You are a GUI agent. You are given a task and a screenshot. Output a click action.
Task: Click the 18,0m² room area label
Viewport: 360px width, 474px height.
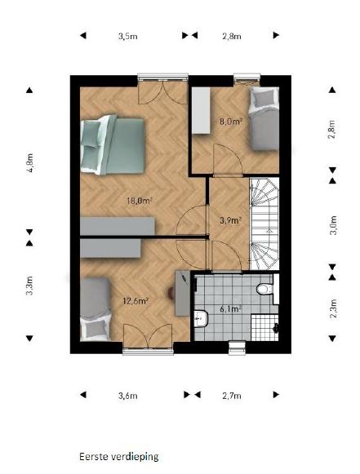coord(139,201)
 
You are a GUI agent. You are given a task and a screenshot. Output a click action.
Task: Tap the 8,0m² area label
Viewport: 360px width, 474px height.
coord(232,122)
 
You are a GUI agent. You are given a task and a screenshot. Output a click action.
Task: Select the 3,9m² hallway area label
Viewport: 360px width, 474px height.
coord(230,220)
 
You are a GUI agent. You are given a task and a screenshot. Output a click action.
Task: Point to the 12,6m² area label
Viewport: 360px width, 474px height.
coord(136,301)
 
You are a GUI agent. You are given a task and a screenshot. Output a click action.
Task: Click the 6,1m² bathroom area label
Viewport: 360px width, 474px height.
coord(231,309)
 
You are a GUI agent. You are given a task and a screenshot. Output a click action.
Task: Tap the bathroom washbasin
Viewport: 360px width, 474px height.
coord(201,318)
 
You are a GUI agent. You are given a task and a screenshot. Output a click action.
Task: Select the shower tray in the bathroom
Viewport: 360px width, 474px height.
coord(264,328)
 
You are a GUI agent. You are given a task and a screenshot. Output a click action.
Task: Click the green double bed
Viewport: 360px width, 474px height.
coord(113,145)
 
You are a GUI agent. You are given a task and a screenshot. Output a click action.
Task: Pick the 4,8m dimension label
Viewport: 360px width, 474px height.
coord(29,162)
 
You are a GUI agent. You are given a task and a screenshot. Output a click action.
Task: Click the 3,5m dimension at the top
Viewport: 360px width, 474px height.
coord(127,36)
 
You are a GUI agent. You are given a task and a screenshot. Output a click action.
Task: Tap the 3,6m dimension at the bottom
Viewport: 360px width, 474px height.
coord(128,396)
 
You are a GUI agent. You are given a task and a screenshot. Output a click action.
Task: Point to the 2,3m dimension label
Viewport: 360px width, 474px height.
coord(333,308)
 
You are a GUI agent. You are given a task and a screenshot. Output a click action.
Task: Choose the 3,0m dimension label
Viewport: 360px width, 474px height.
coord(333,225)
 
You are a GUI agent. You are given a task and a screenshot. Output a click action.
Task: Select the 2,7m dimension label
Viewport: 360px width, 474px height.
coord(232,396)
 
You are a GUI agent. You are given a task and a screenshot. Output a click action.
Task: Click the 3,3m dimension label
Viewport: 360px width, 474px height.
coord(29,286)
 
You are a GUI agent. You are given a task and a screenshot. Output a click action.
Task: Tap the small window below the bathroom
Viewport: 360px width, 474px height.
coord(237,348)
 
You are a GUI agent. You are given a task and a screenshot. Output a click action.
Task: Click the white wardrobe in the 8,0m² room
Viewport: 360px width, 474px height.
coord(201,110)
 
